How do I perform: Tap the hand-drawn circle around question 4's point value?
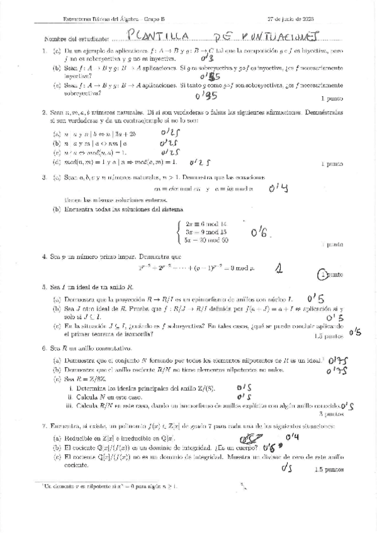point(324,274)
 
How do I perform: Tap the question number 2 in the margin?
point(43,113)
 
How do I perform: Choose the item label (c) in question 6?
point(56,380)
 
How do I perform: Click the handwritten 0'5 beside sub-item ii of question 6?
point(244,397)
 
